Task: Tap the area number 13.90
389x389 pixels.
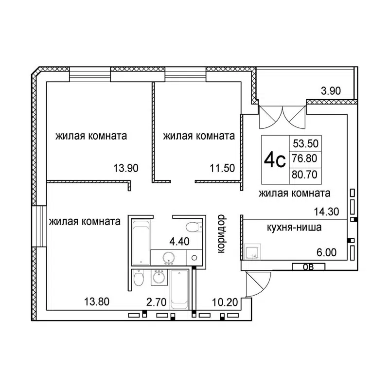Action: [x=126, y=169]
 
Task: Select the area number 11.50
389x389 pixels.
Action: [x=223, y=169]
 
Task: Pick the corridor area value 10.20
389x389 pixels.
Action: [x=225, y=302]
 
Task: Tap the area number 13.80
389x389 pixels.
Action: [x=96, y=302]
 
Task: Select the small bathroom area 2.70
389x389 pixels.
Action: [x=157, y=302]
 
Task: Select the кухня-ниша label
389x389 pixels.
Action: [x=294, y=227]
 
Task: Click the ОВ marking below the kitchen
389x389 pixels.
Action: [x=307, y=266]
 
